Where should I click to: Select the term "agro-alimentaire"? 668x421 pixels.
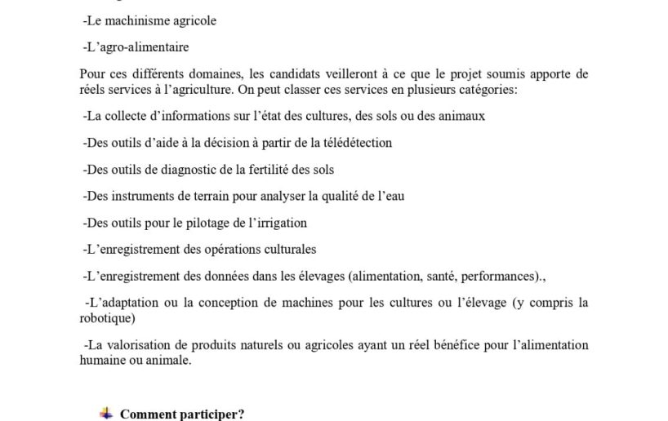[142, 47]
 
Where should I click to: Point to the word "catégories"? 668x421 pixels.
[485, 89]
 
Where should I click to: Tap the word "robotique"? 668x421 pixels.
[107, 318]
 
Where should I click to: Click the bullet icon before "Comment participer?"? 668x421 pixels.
[106, 414]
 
